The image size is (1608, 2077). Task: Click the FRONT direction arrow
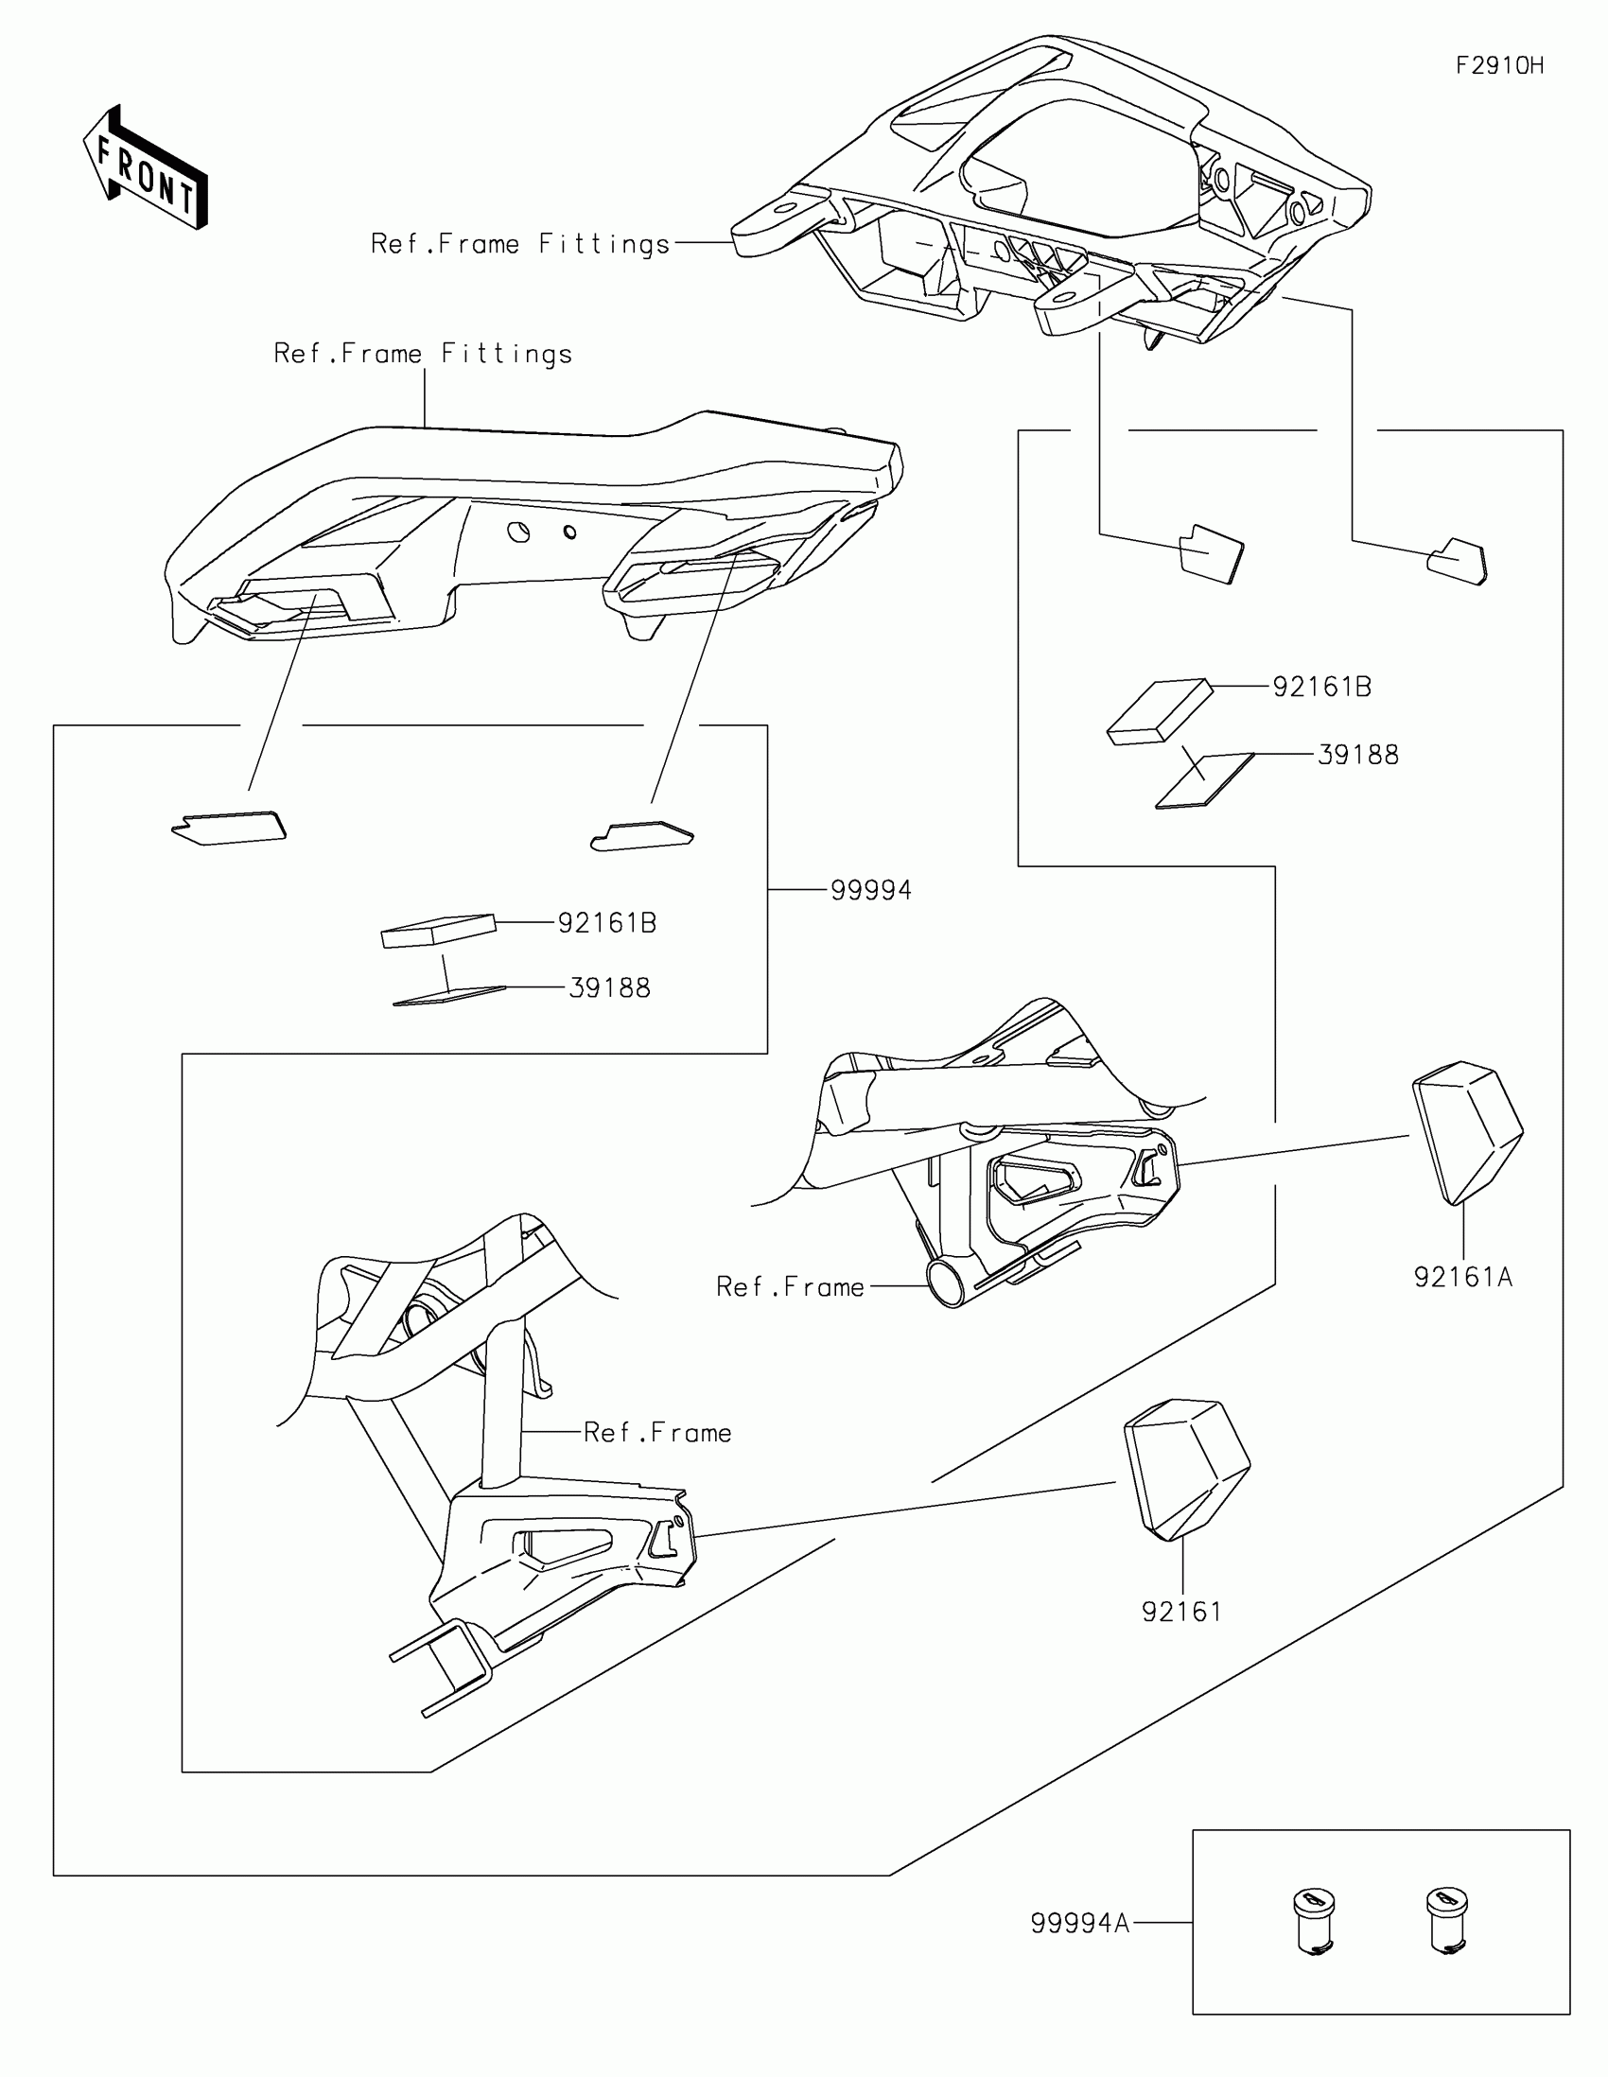[x=146, y=167]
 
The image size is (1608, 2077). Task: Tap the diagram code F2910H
[x=1499, y=65]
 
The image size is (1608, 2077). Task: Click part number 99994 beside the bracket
[x=871, y=890]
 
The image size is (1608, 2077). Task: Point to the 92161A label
[x=1462, y=1277]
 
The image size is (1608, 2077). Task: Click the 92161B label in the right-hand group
[x=1321, y=687]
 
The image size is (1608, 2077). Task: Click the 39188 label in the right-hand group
[x=1358, y=755]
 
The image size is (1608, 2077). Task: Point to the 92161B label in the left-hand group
[x=606, y=922]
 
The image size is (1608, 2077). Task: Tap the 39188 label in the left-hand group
[x=609, y=988]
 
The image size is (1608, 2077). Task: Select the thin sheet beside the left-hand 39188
[x=449, y=995]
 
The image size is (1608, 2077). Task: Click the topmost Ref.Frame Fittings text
[x=520, y=244]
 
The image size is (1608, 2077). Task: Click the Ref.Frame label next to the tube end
[x=790, y=1286]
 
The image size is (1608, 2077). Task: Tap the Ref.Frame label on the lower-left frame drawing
[x=657, y=1432]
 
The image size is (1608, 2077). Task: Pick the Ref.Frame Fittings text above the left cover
[x=423, y=354]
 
